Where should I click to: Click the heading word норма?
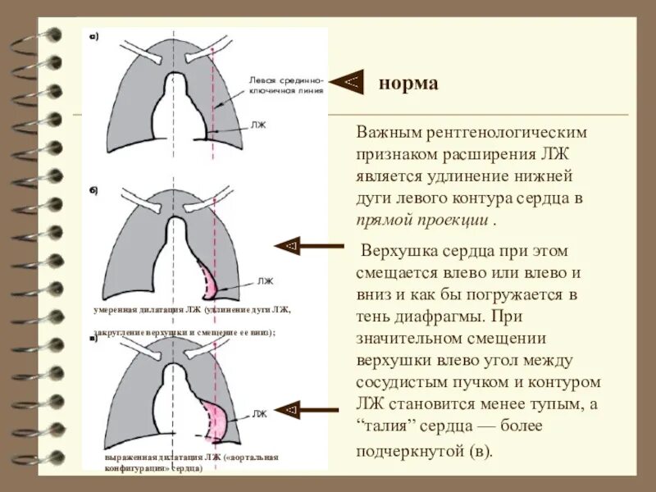[x=408, y=85]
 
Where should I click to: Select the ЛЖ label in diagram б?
[x=264, y=280]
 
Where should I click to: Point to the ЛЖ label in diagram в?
[x=259, y=413]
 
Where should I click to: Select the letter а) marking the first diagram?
[x=94, y=37]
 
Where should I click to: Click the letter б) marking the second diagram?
[x=94, y=190]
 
